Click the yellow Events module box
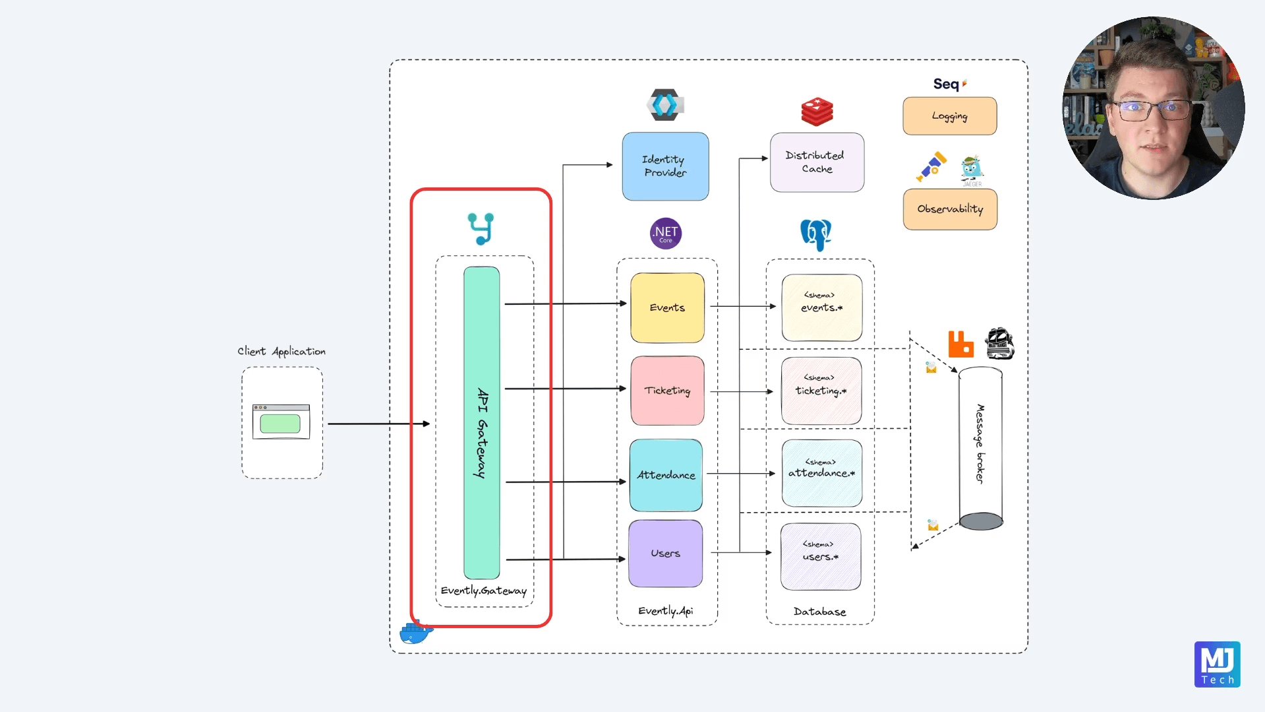(x=667, y=307)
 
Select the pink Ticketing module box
(x=667, y=391)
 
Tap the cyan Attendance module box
(x=666, y=475)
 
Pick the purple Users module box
(x=665, y=554)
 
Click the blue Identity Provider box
(x=665, y=166)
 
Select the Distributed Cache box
(x=817, y=162)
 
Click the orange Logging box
(x=949, y=116)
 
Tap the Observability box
(x=949, y=209)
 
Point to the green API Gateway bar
(x=481, y=422)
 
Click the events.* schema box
(x=821, y=307)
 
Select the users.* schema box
(x=820, y=556)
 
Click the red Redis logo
(x=817, y=112)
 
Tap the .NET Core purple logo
(x=665, y=233)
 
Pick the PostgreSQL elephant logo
(x=816, y=234)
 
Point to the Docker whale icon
(x=415, y=633)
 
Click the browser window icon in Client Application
(x=281, y=422)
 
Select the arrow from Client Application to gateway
(x=378, y=424)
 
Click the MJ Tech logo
(x=1217, y=664)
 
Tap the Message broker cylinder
(x=980, y=449)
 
